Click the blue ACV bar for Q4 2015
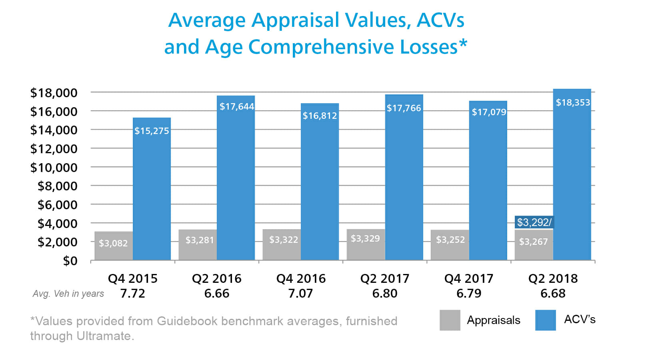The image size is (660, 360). pos(152,192)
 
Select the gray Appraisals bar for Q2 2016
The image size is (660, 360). pos(198,245)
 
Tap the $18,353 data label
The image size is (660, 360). pos(573,102)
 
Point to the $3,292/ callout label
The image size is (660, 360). pos(534,222)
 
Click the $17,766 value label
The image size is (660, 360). pos(404,108)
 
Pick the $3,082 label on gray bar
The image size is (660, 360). pos(113,243)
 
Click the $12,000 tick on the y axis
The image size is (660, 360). pos(54,149)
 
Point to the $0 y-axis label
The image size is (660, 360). pos(70,261)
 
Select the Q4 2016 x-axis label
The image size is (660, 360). pos(301,278)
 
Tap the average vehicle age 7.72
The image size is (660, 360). pos(132,293)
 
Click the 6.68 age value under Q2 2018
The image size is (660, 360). pos(553,293)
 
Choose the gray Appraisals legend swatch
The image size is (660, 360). pos(450,320)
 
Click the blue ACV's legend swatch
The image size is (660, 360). pos(545,320)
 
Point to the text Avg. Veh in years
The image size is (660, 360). pos(68,294)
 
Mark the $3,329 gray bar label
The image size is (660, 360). pos(365,238)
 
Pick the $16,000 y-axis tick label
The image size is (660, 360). pos(54,112)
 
